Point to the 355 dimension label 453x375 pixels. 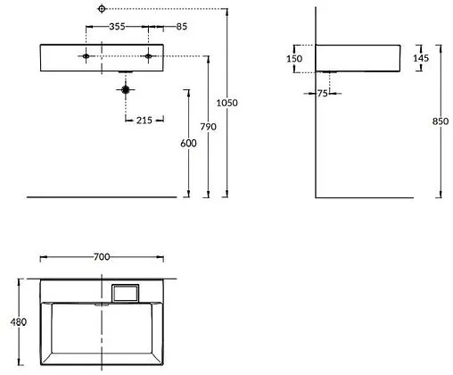(x=117, y=27)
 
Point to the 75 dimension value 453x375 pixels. (x=324, y=92)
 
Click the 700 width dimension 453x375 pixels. (x=101, y=257)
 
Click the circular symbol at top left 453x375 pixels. (x=103, y=9)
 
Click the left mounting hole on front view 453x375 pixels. (x=86, y=57)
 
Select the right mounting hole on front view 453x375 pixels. (x=149, y=57)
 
